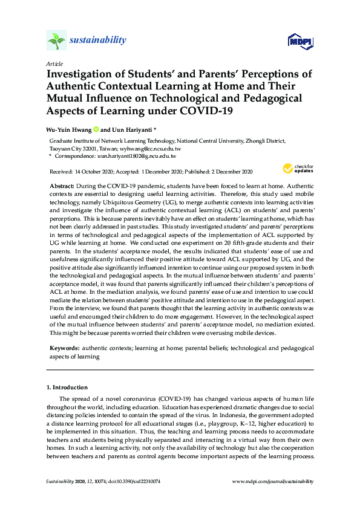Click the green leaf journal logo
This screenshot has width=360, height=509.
click(x=56, y=41)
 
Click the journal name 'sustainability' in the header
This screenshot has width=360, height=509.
click(x=97, y=41)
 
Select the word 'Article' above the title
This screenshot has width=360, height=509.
click(x=54, y=63)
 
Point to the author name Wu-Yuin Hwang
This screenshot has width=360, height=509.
click(x=68, y=129)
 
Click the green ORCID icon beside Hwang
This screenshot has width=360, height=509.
click(x=95, y=129)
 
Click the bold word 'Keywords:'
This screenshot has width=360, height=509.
click(x=64, y=349)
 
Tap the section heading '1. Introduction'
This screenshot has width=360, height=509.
click(x=67, y=387)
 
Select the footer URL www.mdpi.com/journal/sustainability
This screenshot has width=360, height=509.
click(x=273, y=481)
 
